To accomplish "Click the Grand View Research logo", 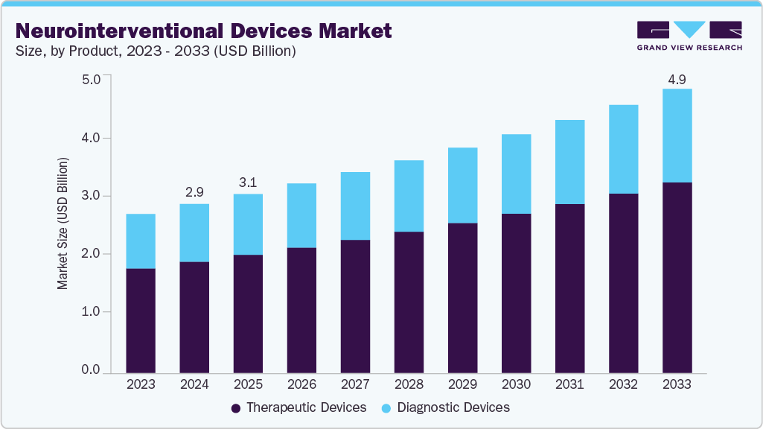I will tap(689, 35).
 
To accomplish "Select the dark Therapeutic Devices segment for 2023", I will tap(141, 320).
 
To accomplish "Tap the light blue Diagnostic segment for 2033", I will tap(677, 136).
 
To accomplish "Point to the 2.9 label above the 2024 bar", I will tap(194, 193).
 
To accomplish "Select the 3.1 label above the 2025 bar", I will tap(248, 183).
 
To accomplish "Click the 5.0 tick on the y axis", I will tap(90, 80).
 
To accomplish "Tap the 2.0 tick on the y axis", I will tap(90, 254).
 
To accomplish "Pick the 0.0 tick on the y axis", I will tap(90, 370).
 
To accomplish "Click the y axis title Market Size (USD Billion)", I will tap(63, 223).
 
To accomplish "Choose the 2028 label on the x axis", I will tap(409, 385).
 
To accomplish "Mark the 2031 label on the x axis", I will tap(569, 385).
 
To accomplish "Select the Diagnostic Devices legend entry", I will tap(446, 407).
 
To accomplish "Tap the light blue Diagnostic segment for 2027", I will tap(355, 206).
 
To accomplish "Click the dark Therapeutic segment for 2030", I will tap(516, 293).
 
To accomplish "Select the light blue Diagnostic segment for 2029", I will tap(462, 185).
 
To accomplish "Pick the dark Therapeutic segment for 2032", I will tap(623, 283).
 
